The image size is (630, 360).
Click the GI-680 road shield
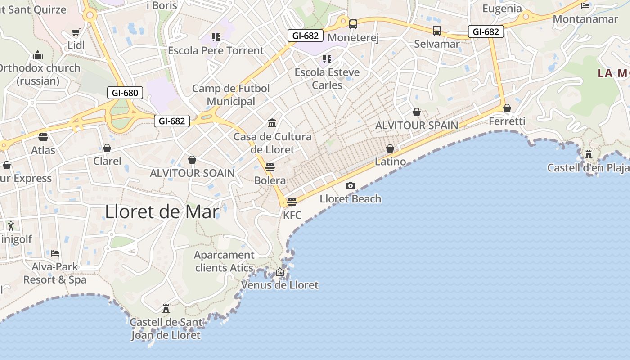(125, 93)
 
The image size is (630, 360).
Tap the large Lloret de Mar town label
(162, 211)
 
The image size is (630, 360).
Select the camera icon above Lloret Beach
(351, 185)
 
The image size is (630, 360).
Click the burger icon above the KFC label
(292, 202)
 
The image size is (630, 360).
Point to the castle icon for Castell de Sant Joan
(166, 308)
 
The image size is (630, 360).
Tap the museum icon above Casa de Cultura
(272, 123)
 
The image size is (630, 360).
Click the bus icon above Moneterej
(353, 24)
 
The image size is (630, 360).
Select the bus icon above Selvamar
(437, 31)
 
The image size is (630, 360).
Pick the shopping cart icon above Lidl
(76, 32)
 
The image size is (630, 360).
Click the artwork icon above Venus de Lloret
(280, 272)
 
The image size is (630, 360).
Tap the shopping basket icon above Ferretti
(507, 108)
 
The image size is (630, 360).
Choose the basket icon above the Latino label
(390, 148)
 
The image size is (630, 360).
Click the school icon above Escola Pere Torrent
(216, 37)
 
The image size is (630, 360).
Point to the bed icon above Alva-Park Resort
(55, 253)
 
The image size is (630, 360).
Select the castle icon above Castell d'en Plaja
(589, 154)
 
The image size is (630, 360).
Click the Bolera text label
(270, 180)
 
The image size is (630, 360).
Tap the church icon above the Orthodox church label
(38, 55)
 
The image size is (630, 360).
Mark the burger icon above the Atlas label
(43, 137)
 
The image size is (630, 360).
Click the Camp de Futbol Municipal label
(231, 95)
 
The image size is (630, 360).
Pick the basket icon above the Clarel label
(107, 148)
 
